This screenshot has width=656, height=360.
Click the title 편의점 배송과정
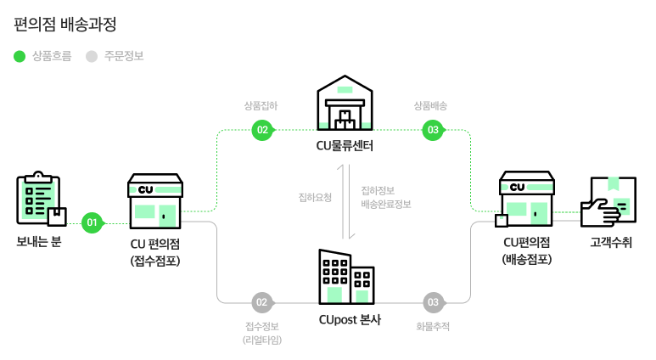pyautogui.click(x=65, y=23)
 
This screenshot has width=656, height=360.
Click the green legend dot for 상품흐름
pyautogui.click(x=20, y=57)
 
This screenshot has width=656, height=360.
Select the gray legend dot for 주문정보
pyautogui.click(x=92, y=57)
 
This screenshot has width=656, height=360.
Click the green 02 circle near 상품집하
pyautogui.click(x=261, y=130)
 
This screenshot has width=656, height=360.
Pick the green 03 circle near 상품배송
pyautogui.click(x=433, y=130)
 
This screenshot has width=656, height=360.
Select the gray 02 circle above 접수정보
pyautogui.click(x=261, y=302)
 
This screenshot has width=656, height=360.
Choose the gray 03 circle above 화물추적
pyautogui.click(x=433, y=302)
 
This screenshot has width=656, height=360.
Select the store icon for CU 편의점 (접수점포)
pyautogui.click(x=154, y=201)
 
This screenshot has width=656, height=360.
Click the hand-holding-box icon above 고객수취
pyautogui.click(x=608, y=201)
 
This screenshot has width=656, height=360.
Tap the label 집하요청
pyautogui.click(x=315, y=197)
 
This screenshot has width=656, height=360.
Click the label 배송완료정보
pyautogui.click(x=385, y=204)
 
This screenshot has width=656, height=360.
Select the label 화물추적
pyautogui.click(x=433, y=326)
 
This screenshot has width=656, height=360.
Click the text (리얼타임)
pyautogui.click(x=261, y=340)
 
